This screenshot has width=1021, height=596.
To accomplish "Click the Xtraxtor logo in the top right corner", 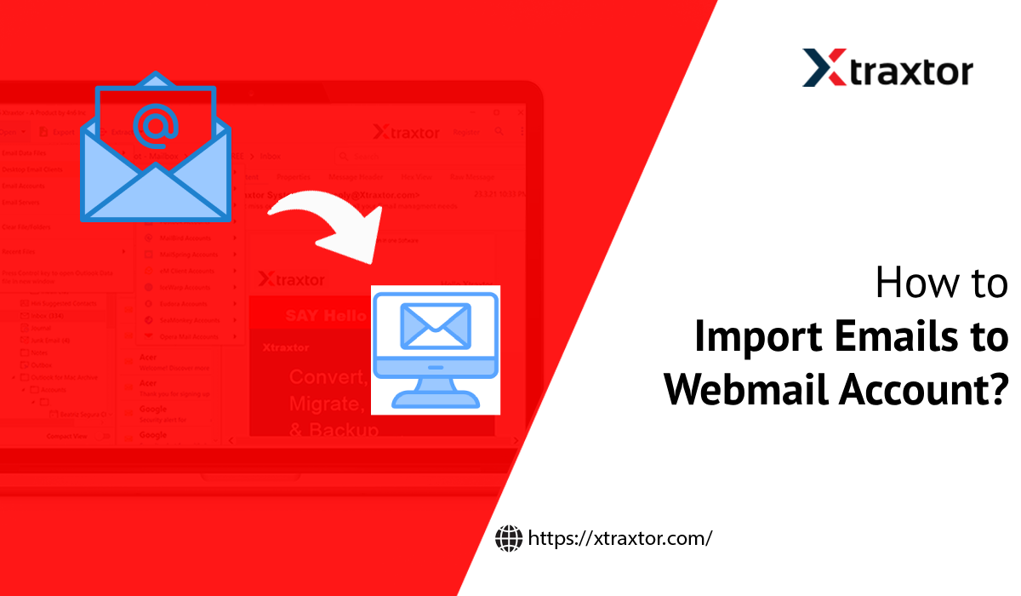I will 887,68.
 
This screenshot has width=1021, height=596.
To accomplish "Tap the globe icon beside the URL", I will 508,537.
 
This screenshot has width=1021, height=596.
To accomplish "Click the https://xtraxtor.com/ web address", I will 619,538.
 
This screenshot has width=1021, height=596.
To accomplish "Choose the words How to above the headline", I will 942,284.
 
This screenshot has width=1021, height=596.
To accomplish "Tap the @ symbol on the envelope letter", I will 156,125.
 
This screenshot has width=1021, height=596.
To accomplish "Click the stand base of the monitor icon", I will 436,398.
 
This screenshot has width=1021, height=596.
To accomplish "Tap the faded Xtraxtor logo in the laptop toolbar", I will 406,133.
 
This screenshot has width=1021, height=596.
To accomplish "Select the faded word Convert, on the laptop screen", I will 328,376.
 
